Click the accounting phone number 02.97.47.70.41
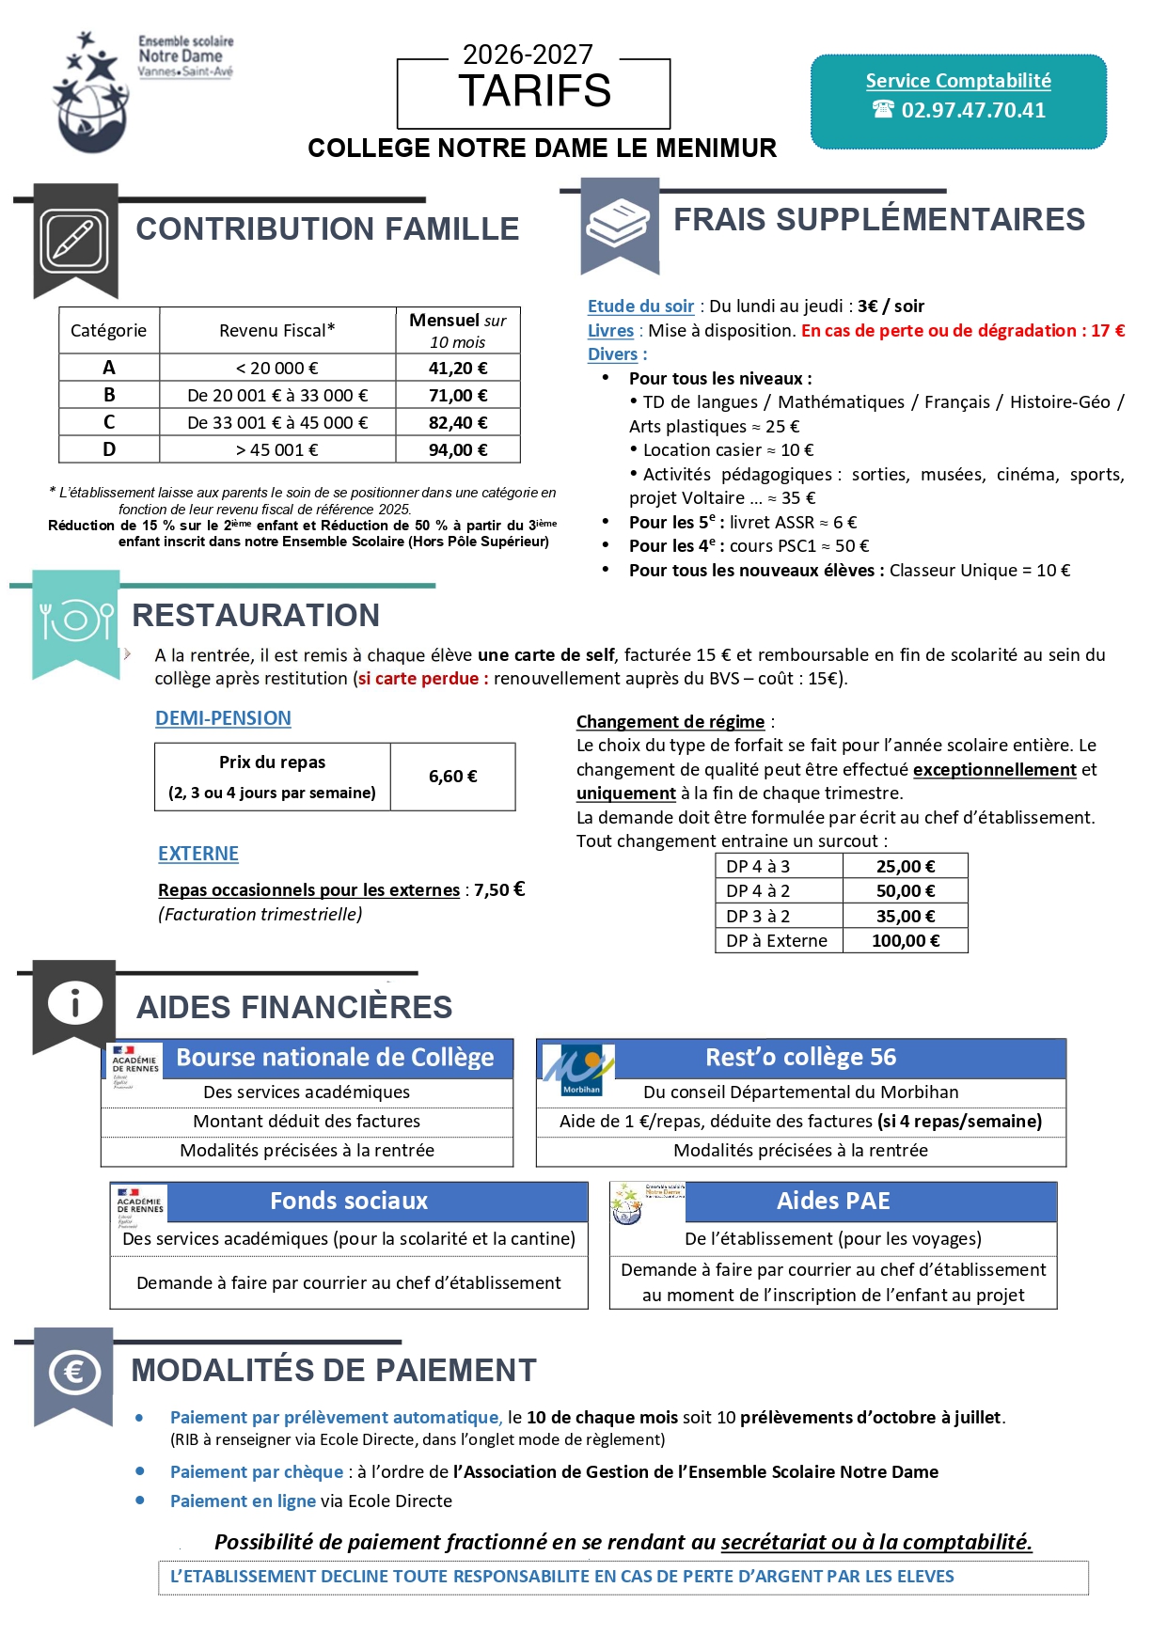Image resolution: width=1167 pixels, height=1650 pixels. coord(972,110)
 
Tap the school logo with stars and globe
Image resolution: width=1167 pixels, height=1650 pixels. coord(91,95)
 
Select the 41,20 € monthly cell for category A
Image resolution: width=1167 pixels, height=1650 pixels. coord(458,368)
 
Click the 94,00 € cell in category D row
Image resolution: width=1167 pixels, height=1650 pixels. coord(458,449)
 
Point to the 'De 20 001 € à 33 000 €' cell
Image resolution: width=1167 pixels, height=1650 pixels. coord(277,395)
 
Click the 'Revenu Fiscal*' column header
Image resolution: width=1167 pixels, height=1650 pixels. coord(277,330)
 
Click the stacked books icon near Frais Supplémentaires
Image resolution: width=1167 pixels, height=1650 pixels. coord(618,225)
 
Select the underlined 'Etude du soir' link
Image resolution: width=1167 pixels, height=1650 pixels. coord(640,306)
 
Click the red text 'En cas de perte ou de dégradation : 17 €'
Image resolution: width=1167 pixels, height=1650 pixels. coord(962,330)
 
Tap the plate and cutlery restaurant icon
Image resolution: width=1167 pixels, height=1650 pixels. coord(76,621)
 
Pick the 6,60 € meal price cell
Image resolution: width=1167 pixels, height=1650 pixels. coord(453,777)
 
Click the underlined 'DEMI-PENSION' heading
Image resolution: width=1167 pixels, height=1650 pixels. coord(223,718)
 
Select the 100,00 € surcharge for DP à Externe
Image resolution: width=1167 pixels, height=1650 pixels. coord(905,940)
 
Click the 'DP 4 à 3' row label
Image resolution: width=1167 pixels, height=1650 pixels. coord(758,866)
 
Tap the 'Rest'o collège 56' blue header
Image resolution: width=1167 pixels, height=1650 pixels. coord(801,1058)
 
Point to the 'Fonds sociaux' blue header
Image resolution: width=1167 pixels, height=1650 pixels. coord(349,1201)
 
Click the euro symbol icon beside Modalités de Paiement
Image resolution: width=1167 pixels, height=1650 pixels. coord(73,1373)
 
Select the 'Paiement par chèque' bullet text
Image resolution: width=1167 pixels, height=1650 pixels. coord(257,1471)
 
